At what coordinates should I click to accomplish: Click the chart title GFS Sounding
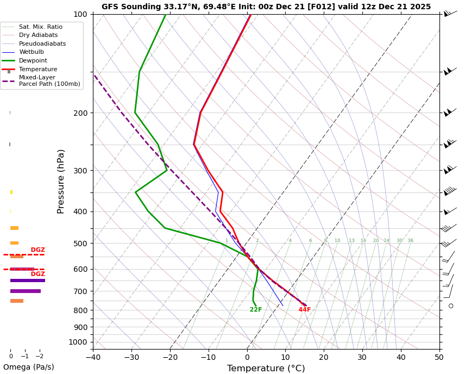(266, 7)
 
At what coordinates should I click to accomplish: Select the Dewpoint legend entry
(33, 61)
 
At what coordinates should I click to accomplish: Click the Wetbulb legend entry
(31, 52)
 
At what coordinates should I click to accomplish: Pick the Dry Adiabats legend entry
(38, 35)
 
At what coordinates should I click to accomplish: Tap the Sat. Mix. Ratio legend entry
(40, 27)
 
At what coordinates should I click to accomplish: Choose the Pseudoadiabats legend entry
(42, 43)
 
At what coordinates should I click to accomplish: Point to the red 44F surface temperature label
(304, 310)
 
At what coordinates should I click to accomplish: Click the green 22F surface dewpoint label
(256, 310)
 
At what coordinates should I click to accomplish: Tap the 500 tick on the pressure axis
(80, 244)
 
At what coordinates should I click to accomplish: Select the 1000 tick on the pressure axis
(78, 342)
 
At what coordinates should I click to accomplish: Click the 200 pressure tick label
(80, 113)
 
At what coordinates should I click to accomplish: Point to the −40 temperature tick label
(93, 357)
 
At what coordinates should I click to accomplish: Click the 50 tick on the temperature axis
(439, 357)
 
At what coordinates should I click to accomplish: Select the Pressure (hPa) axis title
(61, 181)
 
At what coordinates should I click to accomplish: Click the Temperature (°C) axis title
(266, 368)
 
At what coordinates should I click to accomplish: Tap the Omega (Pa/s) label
(28, 367)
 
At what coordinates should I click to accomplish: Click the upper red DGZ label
(37, 250)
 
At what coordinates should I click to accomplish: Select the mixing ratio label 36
(410, 241)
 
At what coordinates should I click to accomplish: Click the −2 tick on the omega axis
(39, 356)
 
